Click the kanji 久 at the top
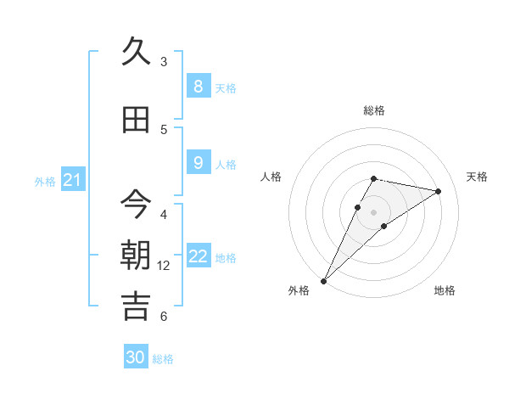(136, 52)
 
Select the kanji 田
(136, 121)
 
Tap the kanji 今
(136, 205)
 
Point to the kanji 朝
(136, 256)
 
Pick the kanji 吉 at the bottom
(136, 306)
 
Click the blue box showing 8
(198, 87)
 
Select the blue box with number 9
(198, 163)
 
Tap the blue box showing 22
(199, 256)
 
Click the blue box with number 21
(72, 179)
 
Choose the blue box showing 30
(136, 357)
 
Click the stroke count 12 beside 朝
(164, 266)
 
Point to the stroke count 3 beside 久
(164, 62)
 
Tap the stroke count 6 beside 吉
(164, 317)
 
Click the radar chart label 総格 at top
(374, 110)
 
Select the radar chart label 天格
(477, 177)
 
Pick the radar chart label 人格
(271, 177)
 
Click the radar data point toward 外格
(323, 281)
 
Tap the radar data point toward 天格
(438, 191)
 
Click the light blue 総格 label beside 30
(163, 359)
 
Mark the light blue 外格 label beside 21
(45, 181)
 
